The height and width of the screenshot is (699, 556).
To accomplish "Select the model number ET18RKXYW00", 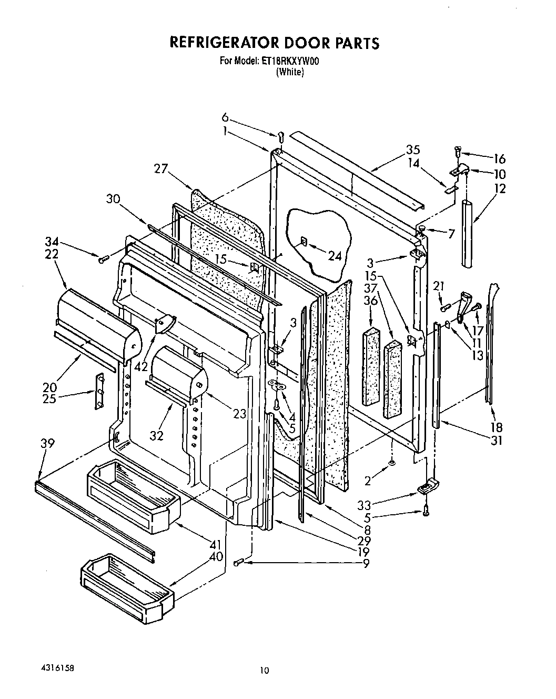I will point(290,62).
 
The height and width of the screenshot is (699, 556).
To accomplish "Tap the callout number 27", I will point(161,168).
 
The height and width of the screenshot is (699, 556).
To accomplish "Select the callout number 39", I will point(48,444).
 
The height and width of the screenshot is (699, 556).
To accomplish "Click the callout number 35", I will point(412,149).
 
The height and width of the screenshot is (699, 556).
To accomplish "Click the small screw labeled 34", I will point(103,258).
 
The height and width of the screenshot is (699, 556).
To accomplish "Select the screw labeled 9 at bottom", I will point(237,563).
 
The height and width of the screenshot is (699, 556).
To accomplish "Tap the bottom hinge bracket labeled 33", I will point(428,486).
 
